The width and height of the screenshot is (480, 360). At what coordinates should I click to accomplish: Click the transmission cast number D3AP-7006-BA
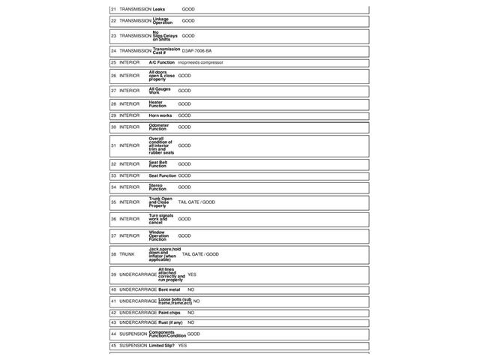click(196, 51)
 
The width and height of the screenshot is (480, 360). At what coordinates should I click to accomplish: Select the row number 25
click(113, 62)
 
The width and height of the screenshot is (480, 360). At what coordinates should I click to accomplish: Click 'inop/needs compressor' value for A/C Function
click(200, 62)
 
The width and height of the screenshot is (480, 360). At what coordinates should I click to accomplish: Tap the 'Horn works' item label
click(160, 115)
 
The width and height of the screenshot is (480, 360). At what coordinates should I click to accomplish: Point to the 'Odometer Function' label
click(159, 127)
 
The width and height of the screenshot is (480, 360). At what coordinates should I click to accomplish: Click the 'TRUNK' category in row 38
click(127, 254)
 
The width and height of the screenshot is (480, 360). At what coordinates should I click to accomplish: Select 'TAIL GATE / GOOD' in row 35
click(196, 202)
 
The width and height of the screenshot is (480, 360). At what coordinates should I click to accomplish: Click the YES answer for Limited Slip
click(182, 346)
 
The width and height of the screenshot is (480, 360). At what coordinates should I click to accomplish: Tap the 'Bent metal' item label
click(169, 289)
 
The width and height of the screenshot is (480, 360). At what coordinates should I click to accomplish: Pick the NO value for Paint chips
click(190, 313)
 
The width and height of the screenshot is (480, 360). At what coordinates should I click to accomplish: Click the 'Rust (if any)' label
click(170, 322)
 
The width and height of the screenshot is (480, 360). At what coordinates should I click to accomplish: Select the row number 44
click(113, 334)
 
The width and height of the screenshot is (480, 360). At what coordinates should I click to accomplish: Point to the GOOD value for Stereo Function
click(184, 187)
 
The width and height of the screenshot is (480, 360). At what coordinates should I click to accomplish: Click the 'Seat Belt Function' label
click(158, 163)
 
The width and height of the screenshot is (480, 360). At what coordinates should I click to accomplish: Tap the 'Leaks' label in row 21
click(159, 9)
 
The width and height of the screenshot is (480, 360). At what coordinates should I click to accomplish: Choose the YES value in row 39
click(192, 274)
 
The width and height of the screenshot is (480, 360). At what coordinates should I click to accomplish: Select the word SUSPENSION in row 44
click(133, 334)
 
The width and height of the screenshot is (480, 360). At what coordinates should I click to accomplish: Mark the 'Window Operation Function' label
click(159, 235)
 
